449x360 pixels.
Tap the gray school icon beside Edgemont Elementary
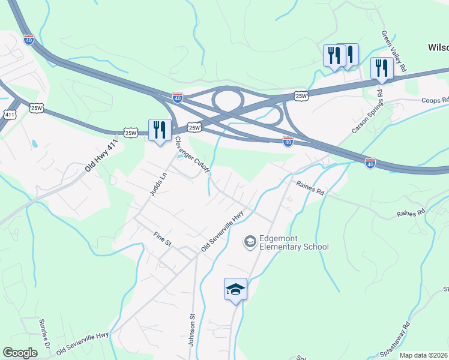250,242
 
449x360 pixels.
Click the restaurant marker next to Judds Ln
160,130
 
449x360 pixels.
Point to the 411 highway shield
9,114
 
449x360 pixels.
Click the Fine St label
163,240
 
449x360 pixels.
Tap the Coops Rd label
435,100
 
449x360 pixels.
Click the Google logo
20,353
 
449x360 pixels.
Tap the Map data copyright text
424,355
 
